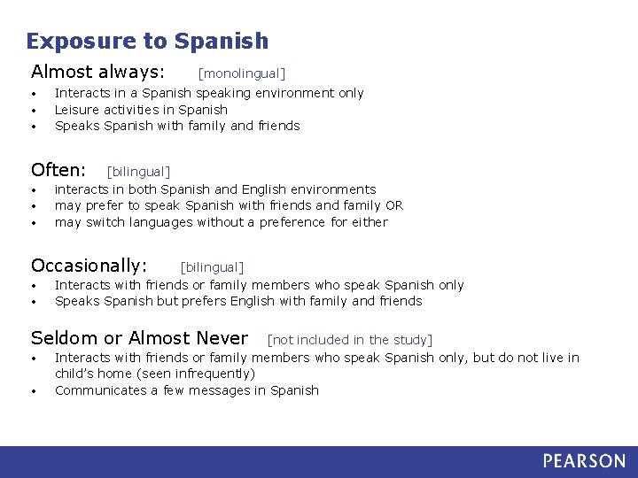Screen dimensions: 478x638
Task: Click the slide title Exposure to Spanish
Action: [147, 41]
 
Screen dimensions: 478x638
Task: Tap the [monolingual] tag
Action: [241, 73]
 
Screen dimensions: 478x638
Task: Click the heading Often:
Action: [58, 169]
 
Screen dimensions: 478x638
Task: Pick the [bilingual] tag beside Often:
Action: [138, 172]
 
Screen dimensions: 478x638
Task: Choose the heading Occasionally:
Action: [89, 266]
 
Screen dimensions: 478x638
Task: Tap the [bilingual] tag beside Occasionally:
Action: [212, 267]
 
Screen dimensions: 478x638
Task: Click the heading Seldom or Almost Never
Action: [139, 338]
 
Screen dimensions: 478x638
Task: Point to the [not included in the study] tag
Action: [349, 340]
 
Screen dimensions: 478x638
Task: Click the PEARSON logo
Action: [584, 461]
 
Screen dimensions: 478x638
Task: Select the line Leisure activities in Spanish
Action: [141, 110]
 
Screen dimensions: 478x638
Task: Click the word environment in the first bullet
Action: [292, 93]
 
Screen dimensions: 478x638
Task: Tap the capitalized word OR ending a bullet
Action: [394, 205]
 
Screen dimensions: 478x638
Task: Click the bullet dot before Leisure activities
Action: [33, 111]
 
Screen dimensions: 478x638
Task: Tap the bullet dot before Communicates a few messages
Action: [33, 391]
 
